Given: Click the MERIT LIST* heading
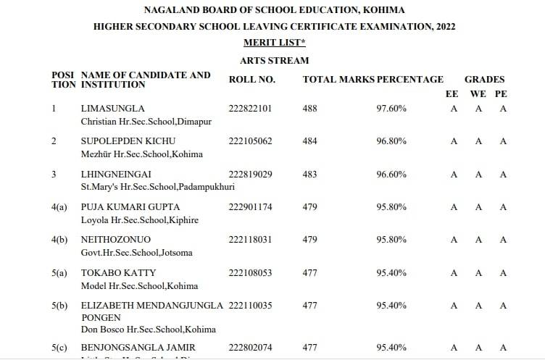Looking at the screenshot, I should coord(274,43).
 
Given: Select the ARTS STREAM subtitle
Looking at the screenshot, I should coord(274,61).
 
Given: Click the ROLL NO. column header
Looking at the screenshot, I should coord(252,80).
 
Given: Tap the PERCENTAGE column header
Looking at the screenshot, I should coord(409,80).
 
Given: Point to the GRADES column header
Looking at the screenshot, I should coord(484,80).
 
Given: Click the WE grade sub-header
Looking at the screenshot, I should coord(478,94).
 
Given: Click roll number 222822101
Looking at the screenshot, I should coord(250,109).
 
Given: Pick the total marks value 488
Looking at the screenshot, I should coord(309,109).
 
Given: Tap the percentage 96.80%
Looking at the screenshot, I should coord(391,141).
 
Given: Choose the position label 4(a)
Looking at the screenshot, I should coord(59,207).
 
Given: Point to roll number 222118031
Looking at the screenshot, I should coord(250,240).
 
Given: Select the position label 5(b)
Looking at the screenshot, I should coord(59,306).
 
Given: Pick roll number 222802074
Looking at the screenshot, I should coord(250,348).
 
